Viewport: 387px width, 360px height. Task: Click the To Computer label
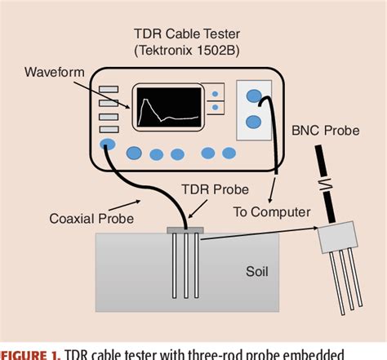272,211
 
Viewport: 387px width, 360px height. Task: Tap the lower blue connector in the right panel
253,123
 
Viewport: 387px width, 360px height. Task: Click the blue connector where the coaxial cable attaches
107,144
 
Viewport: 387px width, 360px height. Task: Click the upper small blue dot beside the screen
214,94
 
